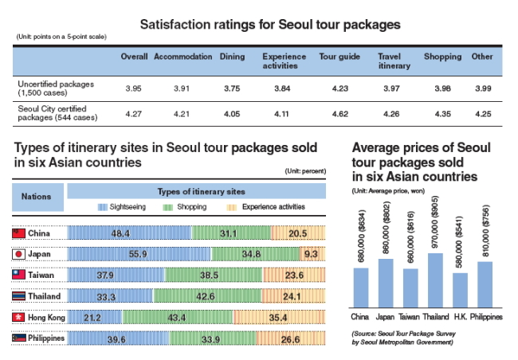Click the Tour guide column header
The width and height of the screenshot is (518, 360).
pyautogui.click(x=339, y=57)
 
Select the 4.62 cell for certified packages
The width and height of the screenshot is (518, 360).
pyautogui.click(x=340, y=114)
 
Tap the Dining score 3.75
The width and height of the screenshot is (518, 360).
pyautogui.click(x=232, y=88)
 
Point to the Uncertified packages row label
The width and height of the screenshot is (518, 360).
pyautogui.click(x=56, y=88)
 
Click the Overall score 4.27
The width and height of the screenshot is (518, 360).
pyautogui.click(x=133, y=114)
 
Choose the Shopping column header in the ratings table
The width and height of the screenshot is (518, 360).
pyautogui.click(x=442, y=57)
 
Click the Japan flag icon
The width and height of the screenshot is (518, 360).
pyautogui.click(x=18, y=254)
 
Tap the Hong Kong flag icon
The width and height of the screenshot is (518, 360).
pyautogui.click(x=18, y=317)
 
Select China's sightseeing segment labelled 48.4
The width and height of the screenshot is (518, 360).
pyautogui.click(x=129, y=233)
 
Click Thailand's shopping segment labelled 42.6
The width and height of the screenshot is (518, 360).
pyautogui.click(x=207, y=295)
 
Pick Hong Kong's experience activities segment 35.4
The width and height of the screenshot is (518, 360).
pyautogui.click(x=280, y=317)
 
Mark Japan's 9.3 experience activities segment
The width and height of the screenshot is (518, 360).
pyautogui.click(x=312, y=253)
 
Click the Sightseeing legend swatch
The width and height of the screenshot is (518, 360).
pyautogui.click(x=103, y=207)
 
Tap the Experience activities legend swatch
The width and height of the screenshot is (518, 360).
pyautogui.click(x=232, y=207)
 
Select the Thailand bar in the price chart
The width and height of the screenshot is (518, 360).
pyautogui.click(x=435, y=280)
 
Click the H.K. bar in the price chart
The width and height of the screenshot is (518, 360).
pyautogui.click(x=460, y=291)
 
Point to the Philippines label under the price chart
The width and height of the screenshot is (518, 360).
pyautogui.click(x=486, y=317)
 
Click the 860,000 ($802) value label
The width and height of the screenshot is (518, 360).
pyautogui.click(x=386, y=228)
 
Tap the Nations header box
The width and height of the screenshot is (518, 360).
pyautogui.click(x=37, y=197)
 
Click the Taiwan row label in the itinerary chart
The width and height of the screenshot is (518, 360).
pyautogui.click(x=41, y=275)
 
